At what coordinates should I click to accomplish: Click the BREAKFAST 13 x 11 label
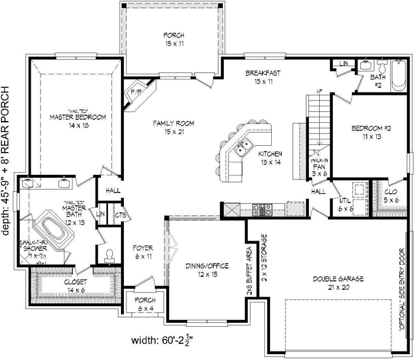tap(263, 77)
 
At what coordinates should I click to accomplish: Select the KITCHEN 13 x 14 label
tap(270, 158)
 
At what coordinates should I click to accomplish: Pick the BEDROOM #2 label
tap(370, 133)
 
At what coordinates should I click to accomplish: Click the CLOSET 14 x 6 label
tap(75, 286)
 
